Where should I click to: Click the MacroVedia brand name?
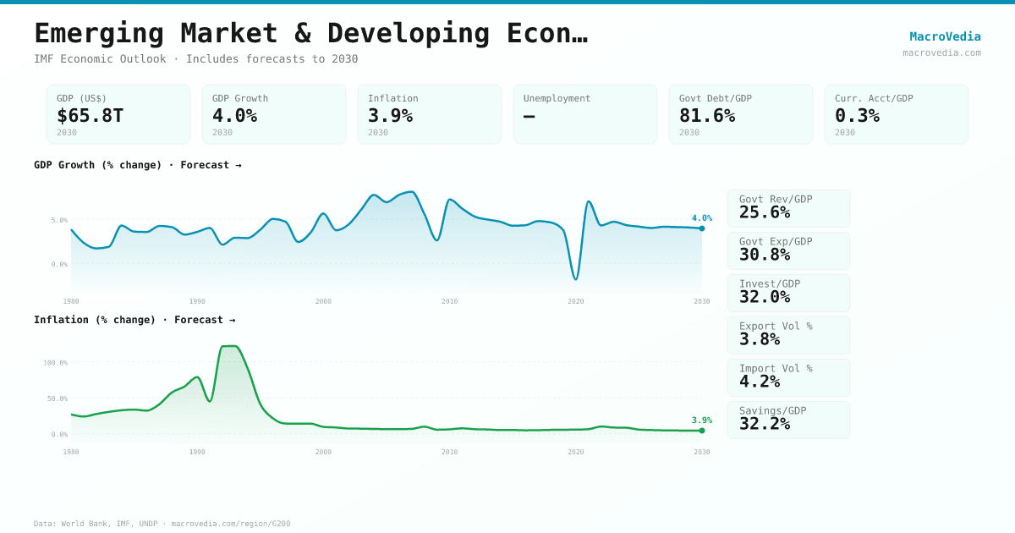click(945, 36)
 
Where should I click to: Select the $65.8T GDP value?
click(91, 116)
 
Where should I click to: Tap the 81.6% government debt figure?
click(707, 116)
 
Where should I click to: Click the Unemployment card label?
click(557, 98)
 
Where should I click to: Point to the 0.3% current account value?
click(857, 116)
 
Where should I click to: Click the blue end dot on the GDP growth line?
click(702, 228)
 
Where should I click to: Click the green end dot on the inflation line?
click(702, 431)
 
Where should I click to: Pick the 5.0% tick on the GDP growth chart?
click(59, 220)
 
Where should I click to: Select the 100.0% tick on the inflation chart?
click(56, 363)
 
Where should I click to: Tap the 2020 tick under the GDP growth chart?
click(576, 301)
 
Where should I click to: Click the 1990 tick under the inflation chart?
click(197, 452)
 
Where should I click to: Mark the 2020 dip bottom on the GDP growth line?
click(576, 278)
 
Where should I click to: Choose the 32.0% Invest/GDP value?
click(765, 297)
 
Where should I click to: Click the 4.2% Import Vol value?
click(760, 382)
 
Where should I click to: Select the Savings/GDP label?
click(772, 410)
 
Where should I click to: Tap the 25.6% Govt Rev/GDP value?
click(765, 212)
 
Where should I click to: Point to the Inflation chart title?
click(134, 320)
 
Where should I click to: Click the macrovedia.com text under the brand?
click(941, 52)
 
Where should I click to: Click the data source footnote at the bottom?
click(162, 524)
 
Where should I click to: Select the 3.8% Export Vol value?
click(760, 339)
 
